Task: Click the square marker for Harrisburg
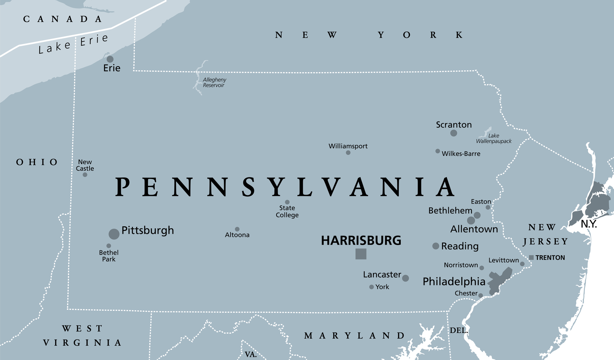[361, 254]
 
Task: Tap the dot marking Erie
[110, 59]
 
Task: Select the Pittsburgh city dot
[114, 234]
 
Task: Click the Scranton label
[454, 125]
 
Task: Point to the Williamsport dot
[348, 153]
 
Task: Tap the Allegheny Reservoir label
[214, 82]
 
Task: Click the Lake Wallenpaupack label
[494, 138]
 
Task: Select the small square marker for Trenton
[531, 257]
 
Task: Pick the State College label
[287, 212]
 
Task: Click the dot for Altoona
[237, 229]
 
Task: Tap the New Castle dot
[85, 175]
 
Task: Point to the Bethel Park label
[109, 256]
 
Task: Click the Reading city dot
[436, 246]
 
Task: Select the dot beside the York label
[372, 287]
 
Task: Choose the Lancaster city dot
[405, 278]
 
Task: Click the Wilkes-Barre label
[461, 154]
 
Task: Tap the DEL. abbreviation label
[459, 331]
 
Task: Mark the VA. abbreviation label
[251, 355]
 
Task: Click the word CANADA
[63, 19]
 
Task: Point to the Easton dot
[488, 207]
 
